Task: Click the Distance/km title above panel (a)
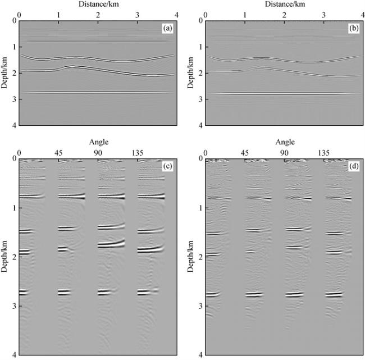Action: pos(98,4)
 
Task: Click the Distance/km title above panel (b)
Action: pos(283,4)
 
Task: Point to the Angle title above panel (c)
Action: pos(98,142)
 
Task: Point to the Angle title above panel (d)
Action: pos(284,142)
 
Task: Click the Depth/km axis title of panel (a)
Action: pos(4,72)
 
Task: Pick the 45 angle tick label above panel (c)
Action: pos(58,152)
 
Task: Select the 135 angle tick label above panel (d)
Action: pos(324,152)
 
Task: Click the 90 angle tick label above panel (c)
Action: pos(98,152)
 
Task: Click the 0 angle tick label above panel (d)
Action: pos(205,152)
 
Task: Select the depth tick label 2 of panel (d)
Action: pos(199,257)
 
